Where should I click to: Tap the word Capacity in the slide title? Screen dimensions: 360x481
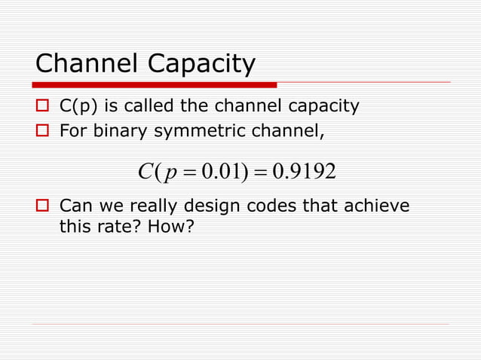pos(202,66)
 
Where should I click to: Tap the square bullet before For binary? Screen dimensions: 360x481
pos(44,134)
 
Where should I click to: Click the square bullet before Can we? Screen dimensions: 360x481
pos(44,206)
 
